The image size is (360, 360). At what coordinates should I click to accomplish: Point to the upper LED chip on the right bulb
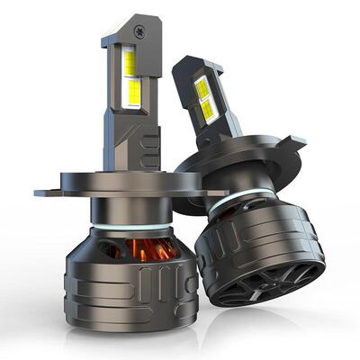[x=202, y=87]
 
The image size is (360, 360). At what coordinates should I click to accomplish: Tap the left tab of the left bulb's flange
[x=47, y=192]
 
